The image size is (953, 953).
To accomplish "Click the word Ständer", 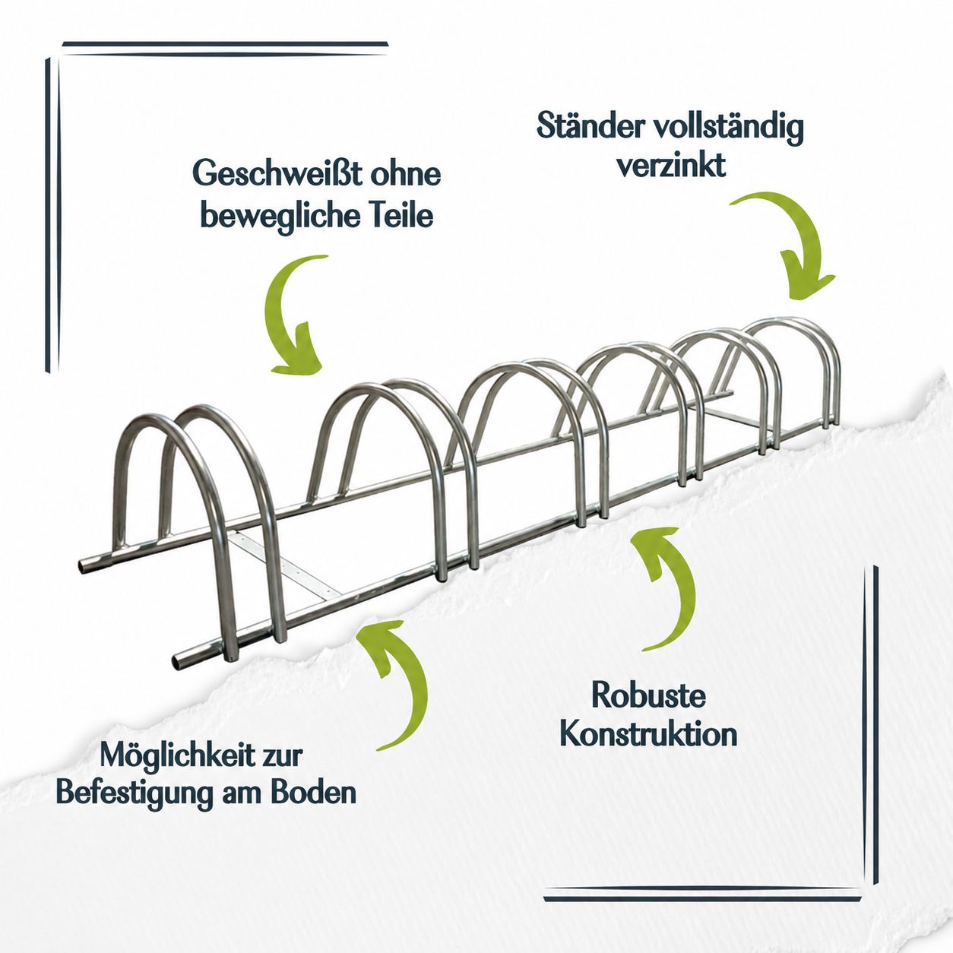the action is tap(587, 127).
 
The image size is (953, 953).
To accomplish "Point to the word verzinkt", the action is tap(671, 165).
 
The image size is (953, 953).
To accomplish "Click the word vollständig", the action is tap(727, 129).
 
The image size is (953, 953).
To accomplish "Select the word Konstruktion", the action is tap(649, 735).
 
